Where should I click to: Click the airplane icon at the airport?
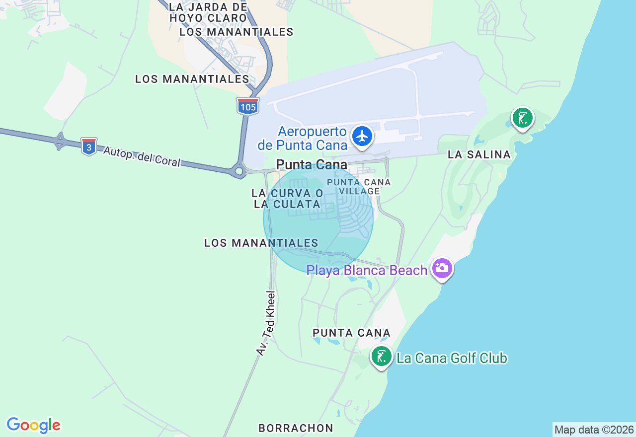pos(362,136)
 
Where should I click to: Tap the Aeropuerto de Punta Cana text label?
pos(302,139)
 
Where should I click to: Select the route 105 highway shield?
pos(247,106)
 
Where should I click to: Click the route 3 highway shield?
pos(89,147)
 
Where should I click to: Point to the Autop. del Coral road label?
pos(142,156)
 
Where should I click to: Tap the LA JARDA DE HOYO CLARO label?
pos(208,12)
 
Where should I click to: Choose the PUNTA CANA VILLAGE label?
pos(359,187)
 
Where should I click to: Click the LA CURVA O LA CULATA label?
pos(287,199)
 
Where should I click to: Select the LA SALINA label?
pos(479,155)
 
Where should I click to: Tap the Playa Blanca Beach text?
pos(367,271)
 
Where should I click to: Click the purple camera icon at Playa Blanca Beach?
pos(442,268)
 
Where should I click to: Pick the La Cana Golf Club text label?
pos(452,358)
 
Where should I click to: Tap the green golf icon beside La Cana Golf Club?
pos(381,357)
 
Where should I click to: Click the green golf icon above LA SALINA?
pos(522,118)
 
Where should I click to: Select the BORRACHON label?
pos(296,428)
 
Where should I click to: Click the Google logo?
pos(33,426)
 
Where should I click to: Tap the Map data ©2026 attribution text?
pos(594,430)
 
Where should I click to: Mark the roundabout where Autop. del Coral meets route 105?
pos(238,171)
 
